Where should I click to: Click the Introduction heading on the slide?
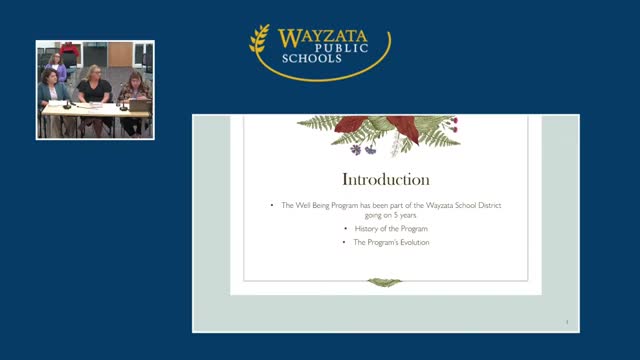386,180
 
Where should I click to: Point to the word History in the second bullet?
367,229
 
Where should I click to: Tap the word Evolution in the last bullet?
412,242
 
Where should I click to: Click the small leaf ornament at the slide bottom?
385,282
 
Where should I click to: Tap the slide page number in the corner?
567,322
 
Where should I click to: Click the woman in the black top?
94,91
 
